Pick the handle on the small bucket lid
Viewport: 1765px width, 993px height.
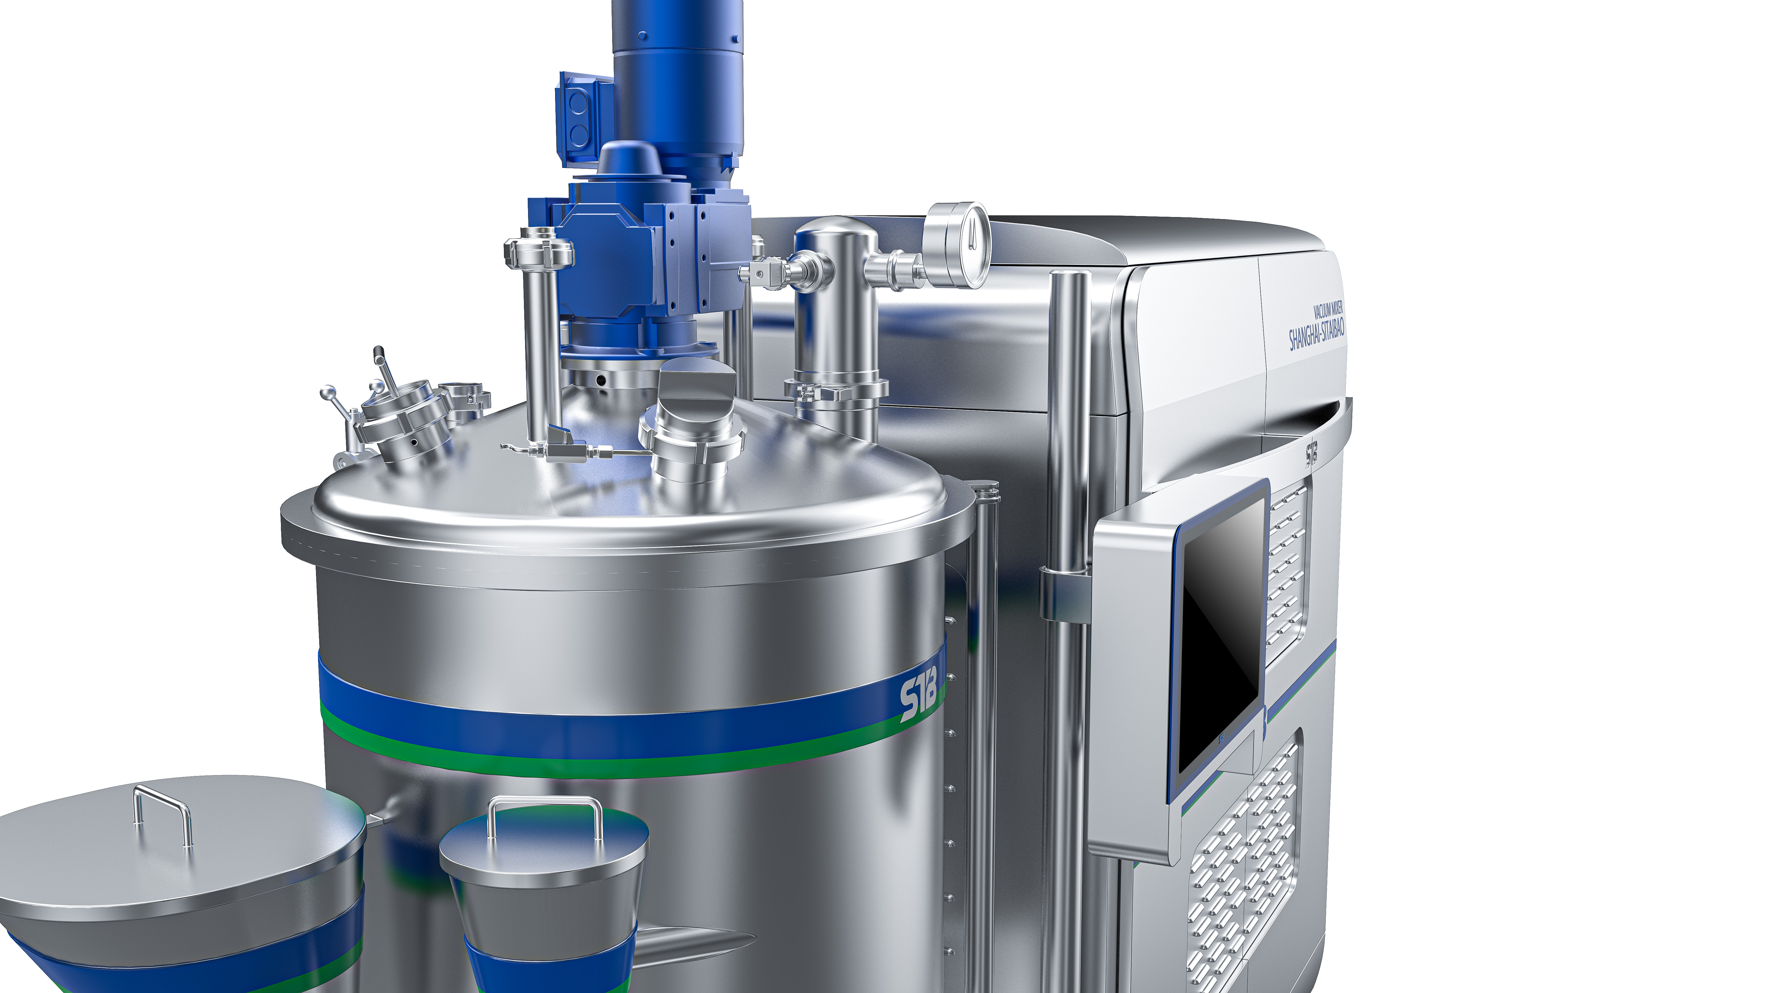545,815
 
